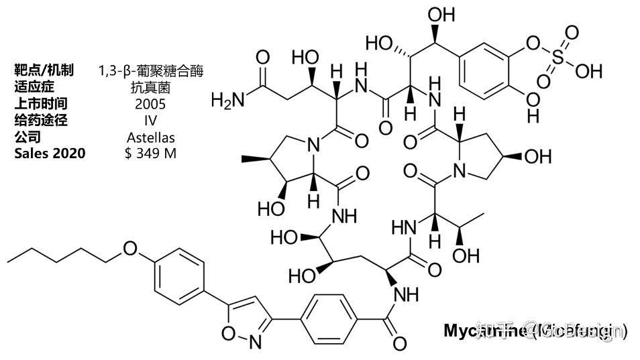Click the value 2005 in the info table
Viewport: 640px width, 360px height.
pos(150,104)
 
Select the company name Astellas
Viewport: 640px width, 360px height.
pos(150,137)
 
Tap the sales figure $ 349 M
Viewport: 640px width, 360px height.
pos(150,154)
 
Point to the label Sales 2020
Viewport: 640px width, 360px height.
pos(50,154)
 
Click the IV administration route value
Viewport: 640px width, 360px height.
pos(150,121)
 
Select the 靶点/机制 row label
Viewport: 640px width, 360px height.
pos(44,70)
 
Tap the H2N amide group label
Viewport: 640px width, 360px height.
pos(225,101)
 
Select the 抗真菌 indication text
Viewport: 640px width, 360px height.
pos(150,87)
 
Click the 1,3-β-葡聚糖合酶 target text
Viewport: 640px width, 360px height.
pos(150,70)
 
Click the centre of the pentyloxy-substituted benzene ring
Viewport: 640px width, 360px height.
pos(179,276)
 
